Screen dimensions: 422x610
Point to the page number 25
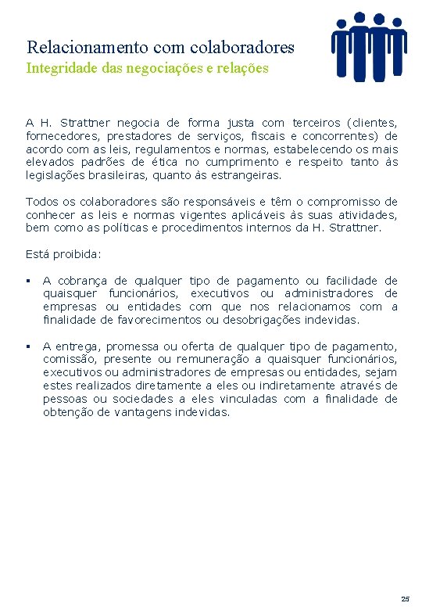405,599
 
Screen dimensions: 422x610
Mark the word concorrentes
348,136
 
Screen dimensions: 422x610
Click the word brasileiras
116,176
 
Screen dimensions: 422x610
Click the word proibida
74,254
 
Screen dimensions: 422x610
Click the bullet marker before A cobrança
28,281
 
